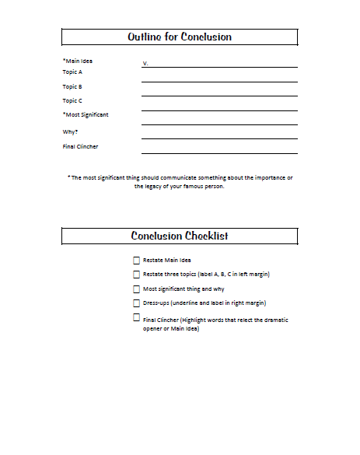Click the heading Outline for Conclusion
(x=180, y=37)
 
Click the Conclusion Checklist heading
(x=180, y=236)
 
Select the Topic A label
(x=72, y=72)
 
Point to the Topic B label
(x=72, y=86)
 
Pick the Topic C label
(x=72, y=100)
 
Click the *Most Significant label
(x=86, y=114)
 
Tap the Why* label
(x=71, y=131)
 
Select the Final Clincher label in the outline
(x=80, y=146)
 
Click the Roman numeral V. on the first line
(x=145, y=62)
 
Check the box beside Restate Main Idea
(x=137, y=261)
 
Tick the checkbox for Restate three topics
(x=137, y=275)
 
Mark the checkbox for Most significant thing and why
(x=137, y=289)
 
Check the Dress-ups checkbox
(x=137, y=303)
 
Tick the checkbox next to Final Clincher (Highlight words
(x=137, y=318)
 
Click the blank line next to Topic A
(x=219, y=79)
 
